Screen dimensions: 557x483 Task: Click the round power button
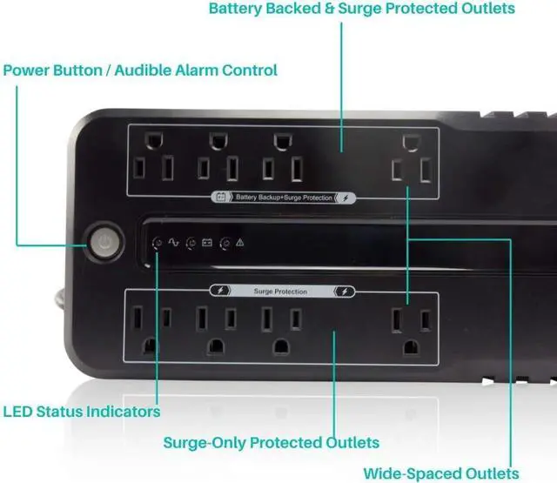[104, 243]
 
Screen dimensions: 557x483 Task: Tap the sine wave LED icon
[173, 242]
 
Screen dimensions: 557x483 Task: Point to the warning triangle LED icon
[239, 242]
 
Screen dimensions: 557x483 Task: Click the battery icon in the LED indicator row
[207, 242]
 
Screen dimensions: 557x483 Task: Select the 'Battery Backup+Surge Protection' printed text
[283, 198]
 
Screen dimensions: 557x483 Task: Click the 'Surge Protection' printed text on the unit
[279, 292]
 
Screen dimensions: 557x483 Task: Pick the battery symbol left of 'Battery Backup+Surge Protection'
[221, 198]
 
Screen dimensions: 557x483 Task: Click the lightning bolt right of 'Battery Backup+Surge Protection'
[346, 198]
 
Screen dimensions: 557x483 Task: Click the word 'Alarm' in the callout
[198, 70]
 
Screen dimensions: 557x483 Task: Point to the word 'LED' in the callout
[19, 411]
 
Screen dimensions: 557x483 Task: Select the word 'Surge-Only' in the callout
[205, 442]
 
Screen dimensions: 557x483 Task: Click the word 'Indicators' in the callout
[122, 411]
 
